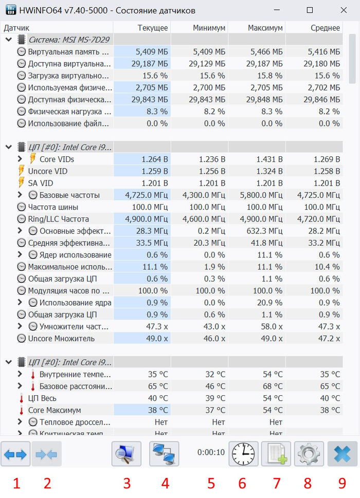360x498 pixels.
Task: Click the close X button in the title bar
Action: [x=343, y=10]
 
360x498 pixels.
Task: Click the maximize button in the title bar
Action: [x=310, y=10]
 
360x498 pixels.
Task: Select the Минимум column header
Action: [x=208, y=28]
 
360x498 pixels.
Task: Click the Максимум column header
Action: [x=265, y=28]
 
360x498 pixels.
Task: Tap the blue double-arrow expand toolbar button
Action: [x=15, y=454]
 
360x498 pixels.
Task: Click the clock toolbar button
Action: [x=243, y=454]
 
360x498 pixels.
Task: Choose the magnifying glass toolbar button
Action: [x=127, y=454]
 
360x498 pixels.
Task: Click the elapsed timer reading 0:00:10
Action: [x=211, y=453]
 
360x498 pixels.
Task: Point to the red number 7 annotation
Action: [x=277, y=484]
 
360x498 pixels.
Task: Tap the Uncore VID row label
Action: [x=48, y=171]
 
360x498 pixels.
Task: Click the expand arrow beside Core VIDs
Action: [x=20, y=159]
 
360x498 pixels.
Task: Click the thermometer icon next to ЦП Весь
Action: [x=21, y=398]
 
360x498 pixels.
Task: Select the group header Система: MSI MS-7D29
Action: [x=69, y=40]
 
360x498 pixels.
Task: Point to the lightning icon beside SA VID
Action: [x=21, y=183]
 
